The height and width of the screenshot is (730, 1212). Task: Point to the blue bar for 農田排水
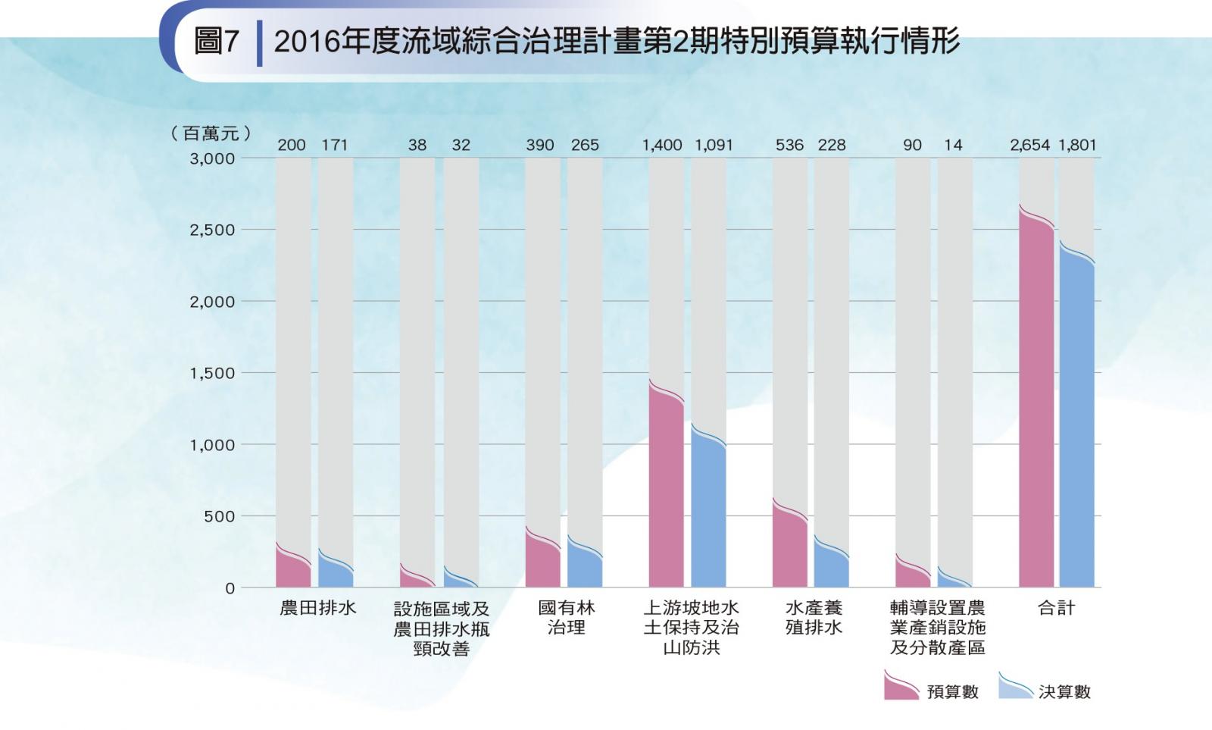(335, 572)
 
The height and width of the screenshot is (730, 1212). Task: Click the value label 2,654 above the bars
(1029, 145)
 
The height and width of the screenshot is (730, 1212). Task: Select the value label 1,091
(714, 145)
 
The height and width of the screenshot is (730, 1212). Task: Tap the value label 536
(789, 145)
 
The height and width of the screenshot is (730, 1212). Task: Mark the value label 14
(953, 145)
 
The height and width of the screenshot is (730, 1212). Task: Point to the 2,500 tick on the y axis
(212, 230)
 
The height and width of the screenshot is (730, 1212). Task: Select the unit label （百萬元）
(211, 133)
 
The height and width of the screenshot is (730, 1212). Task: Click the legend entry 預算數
(952, 691)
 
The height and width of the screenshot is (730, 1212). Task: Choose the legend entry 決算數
(1064, 691)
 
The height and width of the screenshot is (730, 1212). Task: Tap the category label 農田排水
(317, 608)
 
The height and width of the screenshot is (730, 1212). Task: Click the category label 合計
(1056, 608)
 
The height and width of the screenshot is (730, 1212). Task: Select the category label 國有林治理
(566, 618)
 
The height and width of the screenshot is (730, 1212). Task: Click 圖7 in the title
(216, 41)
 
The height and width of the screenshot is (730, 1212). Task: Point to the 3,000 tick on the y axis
(212, 159)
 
